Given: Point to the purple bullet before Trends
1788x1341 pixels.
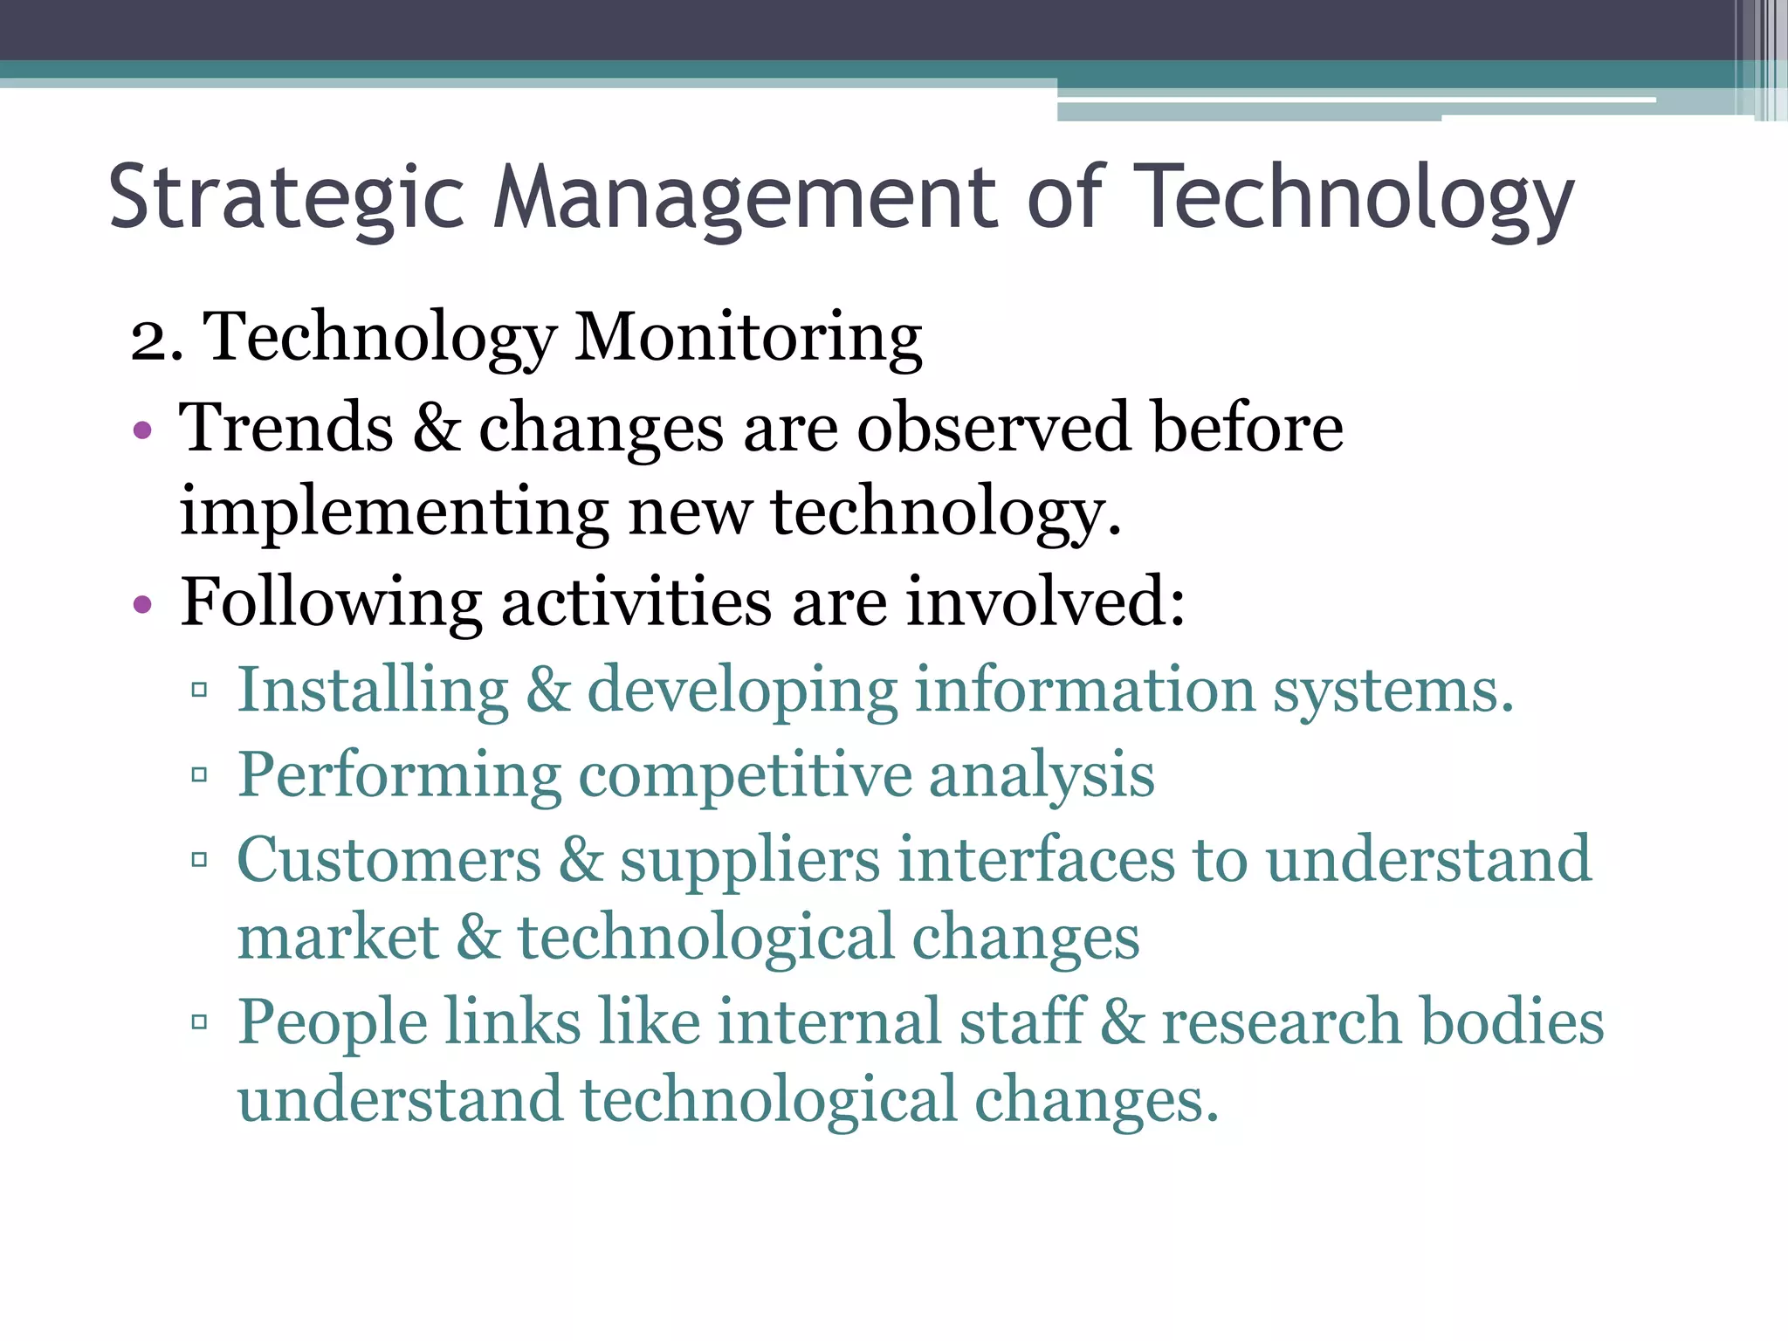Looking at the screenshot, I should (x=142, y=430).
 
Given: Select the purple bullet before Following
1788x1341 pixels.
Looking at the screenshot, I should (x=142, y=604).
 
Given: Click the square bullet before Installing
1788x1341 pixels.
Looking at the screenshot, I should (x=199, y=691).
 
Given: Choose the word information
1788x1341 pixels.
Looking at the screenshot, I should (x=1084, y=691).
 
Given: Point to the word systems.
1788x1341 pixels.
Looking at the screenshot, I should (x=1393, y=691).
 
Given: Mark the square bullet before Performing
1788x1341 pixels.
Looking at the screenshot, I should (x=199, y=774).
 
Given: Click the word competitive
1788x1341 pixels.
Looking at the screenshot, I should (x=745, y=776).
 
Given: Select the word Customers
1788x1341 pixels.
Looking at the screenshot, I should (x=389, y=860).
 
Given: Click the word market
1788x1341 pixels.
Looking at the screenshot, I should (x=338, y=939).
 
